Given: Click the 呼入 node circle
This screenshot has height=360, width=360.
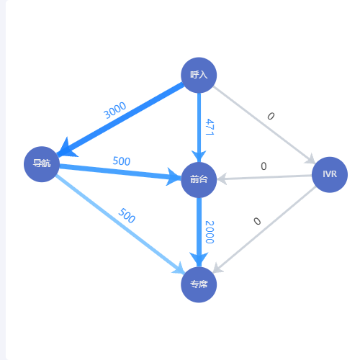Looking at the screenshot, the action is click(199, 75).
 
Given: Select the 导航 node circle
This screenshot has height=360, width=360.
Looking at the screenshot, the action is click(42, 164).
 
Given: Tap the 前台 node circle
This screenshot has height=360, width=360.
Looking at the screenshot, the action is click(199, 180).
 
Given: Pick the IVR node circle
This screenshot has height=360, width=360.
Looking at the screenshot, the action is click(330, 174).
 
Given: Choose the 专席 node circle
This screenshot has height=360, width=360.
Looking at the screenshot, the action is click(199, 284).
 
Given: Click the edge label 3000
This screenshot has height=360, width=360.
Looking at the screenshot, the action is click(114, 110).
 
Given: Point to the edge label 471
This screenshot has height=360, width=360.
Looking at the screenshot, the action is click(210, 127).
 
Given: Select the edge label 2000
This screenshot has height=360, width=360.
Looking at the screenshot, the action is click(210, 232).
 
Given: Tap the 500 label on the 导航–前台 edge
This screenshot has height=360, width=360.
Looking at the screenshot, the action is click(122, 161).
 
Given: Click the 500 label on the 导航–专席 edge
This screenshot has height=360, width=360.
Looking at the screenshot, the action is click(127, 215).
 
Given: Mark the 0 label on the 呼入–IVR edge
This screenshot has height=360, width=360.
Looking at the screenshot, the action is click(271, 116).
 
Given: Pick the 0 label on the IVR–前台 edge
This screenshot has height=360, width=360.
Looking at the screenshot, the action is click(264, 166).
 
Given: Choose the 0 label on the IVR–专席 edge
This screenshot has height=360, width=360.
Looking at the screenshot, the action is click(257, 221).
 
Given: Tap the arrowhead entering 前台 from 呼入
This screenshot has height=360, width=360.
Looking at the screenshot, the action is click(199, 156).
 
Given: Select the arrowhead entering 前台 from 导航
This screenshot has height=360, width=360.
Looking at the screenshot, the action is click(174, 177).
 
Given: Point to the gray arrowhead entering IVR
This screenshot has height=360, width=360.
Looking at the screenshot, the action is click(310, 159).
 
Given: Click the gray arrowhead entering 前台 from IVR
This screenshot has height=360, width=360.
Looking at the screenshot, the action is click(222, 179).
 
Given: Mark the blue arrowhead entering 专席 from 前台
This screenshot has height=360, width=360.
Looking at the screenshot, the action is click(199, 259).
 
